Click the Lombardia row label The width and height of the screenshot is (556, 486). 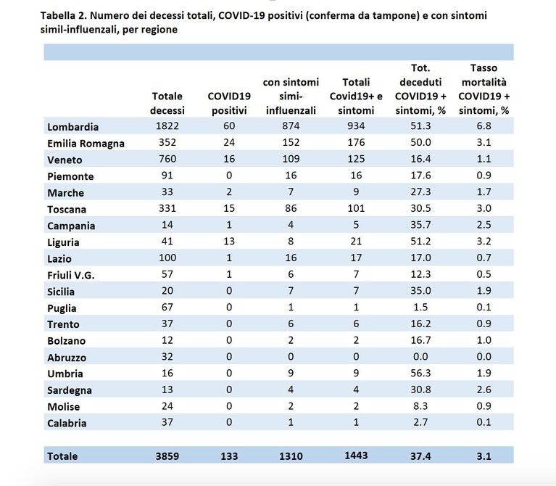coord(72,127)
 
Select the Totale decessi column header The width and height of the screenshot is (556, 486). coord(167,103)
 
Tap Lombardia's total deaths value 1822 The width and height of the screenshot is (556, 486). coord(167,125)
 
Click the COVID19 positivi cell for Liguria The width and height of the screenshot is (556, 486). coord(229,242)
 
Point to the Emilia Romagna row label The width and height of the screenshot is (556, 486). coord(86,144)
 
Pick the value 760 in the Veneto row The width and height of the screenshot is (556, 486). coord(167,159)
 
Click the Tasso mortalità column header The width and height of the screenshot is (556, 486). coord(484,89)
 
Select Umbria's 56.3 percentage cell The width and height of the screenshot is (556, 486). coord(420,373)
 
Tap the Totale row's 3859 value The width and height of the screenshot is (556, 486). coord(167,456)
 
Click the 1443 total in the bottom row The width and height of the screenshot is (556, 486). coord(356,455)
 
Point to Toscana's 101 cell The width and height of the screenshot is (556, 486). coord(356,208)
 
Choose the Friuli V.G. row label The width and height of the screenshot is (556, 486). coord(71,276)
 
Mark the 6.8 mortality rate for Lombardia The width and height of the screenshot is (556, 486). coord(484,125)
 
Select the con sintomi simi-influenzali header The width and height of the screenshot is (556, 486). coord(291,96)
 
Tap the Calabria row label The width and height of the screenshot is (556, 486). coord(67,423)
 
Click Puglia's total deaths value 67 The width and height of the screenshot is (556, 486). coord(167,307)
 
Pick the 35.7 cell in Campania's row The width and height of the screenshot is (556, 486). coord(420,225)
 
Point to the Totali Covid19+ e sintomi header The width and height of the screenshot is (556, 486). coord(356,96)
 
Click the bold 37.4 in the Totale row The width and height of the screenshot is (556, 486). coord(420,456)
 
